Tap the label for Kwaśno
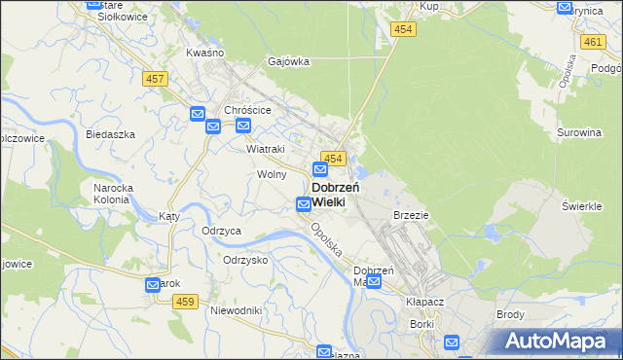[x=204, y=52]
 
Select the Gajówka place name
[x=289, y=61]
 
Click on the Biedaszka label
[x=109, y=134]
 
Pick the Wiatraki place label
[x=265, y=149]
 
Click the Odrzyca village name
[x=221, y=231]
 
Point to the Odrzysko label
[x=245, y=260]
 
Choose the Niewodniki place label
[x=236, y=310]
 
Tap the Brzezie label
[x=411, y=214]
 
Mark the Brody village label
[x=510, y=314]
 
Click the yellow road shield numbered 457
[x=155, y=78]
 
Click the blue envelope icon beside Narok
[x=153, y=285]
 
